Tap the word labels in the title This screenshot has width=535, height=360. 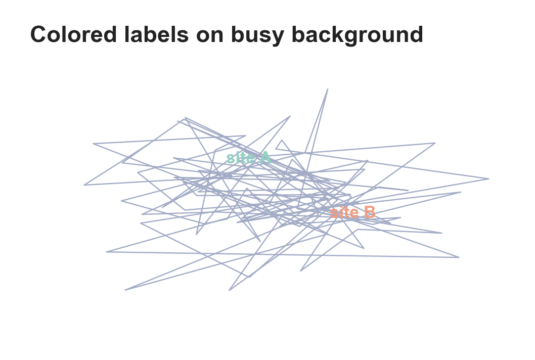click(x=156, y=34)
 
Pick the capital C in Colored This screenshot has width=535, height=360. click(x=39, y=34)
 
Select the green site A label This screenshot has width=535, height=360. click(x=249, y=158)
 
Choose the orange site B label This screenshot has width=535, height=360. click(x=353, y=212)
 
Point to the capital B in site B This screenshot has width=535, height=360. click(x=370, y=212)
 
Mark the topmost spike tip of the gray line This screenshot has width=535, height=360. click(x=328, y=89)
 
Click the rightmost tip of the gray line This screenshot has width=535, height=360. click(x=488, y=178)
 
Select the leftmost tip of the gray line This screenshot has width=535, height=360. click(x=84, y=185)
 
